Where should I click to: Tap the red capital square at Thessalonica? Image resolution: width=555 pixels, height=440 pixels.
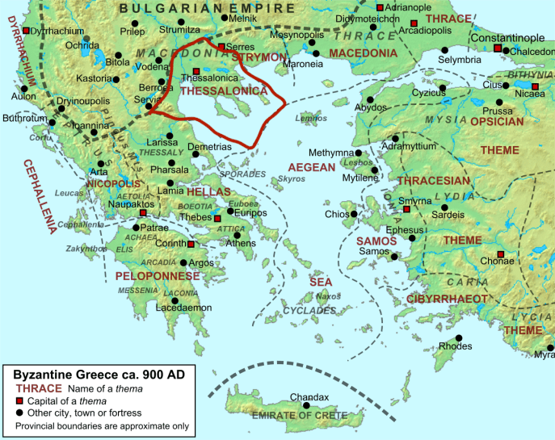point(196,71)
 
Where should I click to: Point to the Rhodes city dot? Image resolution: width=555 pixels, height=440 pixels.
point(458,337)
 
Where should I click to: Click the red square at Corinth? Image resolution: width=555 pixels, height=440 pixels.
point(191,244)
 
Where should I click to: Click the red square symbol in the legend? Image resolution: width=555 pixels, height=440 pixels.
point(20,402)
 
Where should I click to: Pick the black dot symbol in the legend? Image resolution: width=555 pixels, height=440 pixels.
point(20,414)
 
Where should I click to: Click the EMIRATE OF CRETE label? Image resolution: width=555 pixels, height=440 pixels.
point(298,415)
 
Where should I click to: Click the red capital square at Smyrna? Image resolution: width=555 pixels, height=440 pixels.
point(406,209)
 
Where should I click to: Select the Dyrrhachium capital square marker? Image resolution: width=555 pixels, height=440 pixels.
point(26,31)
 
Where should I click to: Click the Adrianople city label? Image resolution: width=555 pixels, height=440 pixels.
point(410,6)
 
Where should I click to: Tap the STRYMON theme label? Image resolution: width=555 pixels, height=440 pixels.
point(259,57)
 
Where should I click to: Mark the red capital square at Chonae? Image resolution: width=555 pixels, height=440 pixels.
point(501,255)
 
